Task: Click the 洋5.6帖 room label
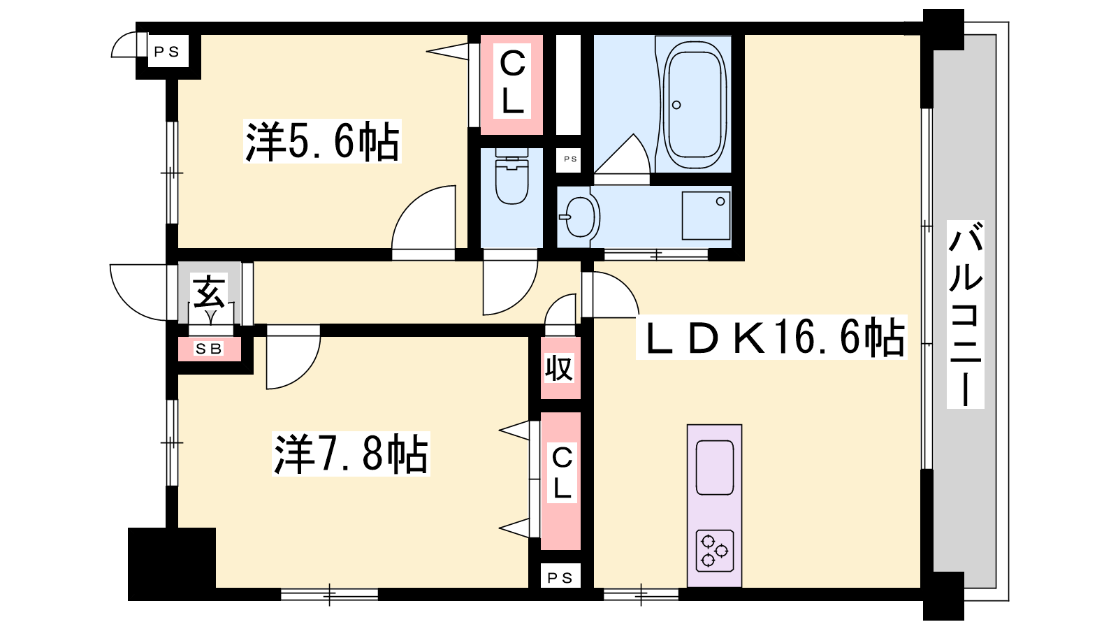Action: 322,141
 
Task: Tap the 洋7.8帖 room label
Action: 351,454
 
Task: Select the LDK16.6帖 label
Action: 771,338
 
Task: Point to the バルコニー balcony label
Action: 965,321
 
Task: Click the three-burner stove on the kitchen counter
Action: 714,551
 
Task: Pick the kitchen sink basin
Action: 715,468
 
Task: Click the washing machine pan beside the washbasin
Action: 706,216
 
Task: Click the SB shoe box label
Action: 209,349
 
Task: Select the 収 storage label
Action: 560,368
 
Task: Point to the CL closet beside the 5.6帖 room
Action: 511,84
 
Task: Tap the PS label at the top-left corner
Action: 167,52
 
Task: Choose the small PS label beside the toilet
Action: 570,159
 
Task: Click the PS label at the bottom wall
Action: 560,578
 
